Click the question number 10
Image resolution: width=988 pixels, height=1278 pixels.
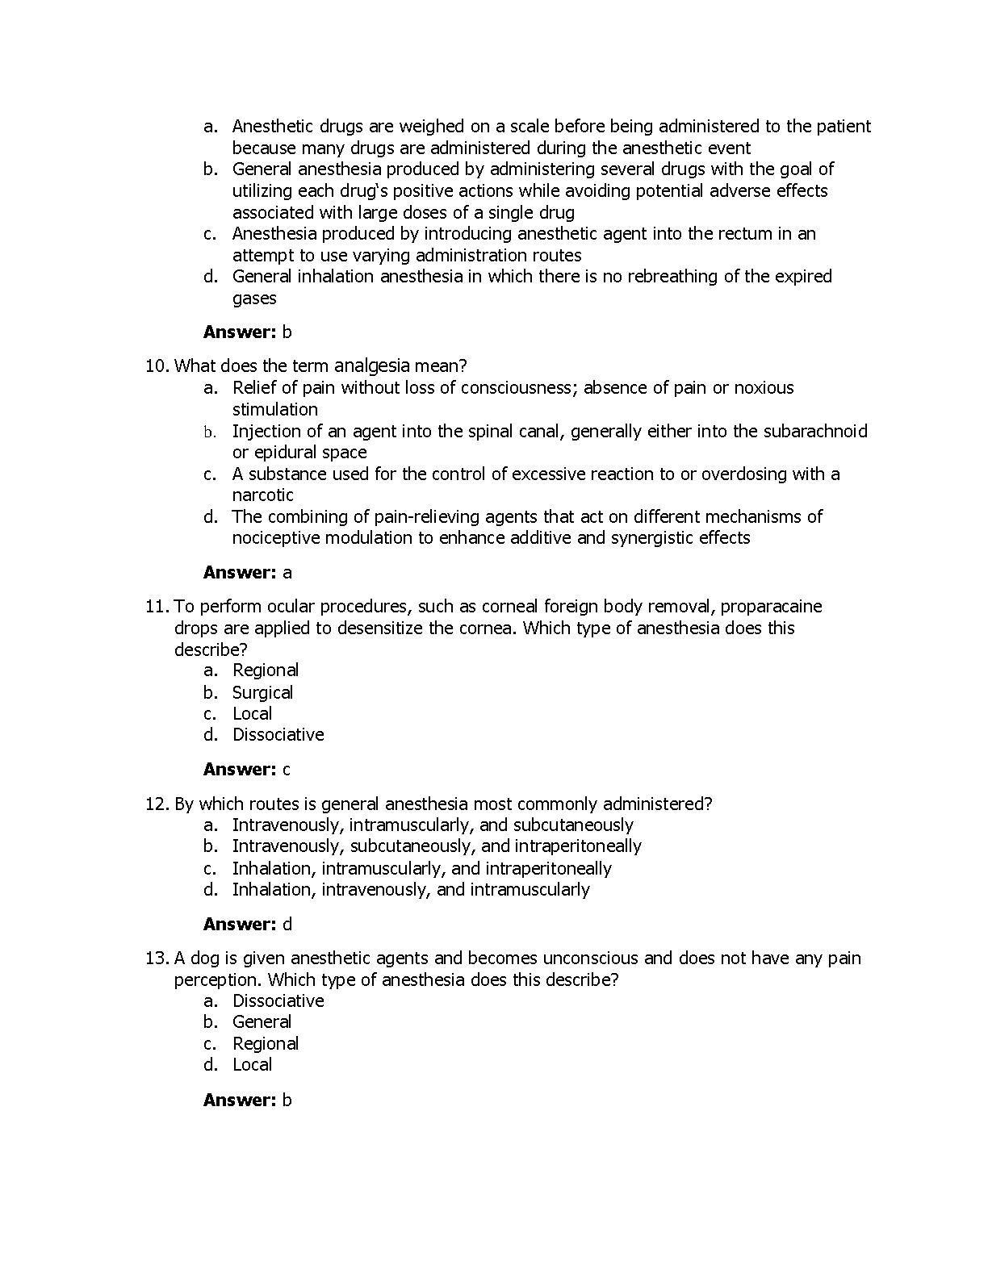click(x=156, y=366)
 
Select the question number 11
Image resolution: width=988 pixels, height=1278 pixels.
click(x=156, y=607)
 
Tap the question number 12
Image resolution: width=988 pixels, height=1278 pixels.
click(x=156, y=804)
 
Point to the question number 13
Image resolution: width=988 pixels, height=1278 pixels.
click(x=156, y=958)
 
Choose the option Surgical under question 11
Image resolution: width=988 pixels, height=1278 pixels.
click(x=262, y=692)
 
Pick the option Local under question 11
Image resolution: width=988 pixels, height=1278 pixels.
click(x=252, y=714)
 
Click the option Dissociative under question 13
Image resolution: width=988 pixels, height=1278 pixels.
click(x=278, y=1001)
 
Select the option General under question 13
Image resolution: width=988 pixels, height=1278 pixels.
click(x=262, y=1022)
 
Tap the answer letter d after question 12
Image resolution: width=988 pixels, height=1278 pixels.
click(x=287, y=925)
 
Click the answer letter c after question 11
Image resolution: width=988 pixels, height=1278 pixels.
click(x=287, y=770)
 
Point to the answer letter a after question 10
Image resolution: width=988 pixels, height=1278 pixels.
click(x=287, y=573)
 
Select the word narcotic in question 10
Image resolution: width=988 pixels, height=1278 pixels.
click(x=262, y=495)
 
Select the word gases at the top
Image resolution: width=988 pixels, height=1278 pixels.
click(x=254, y=299)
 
